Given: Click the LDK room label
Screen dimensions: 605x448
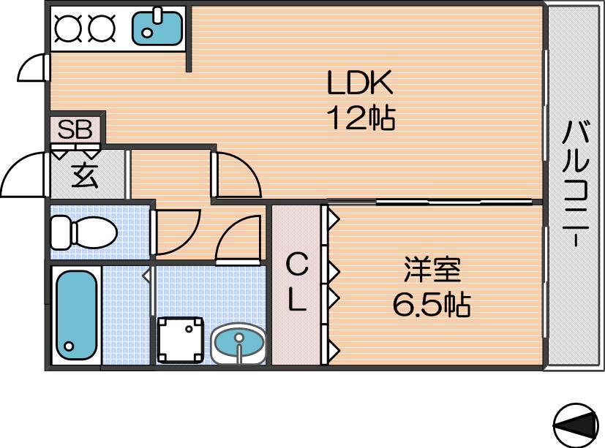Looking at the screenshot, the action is (x=360, y=82).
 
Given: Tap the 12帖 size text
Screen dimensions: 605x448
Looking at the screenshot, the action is (x=361, y=118).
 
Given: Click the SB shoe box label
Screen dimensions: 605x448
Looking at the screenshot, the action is (x=75, y=129).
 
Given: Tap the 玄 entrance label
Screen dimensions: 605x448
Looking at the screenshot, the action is (x=85, y=175).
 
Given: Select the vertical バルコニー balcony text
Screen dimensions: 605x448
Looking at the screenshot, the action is (x=575, y=183).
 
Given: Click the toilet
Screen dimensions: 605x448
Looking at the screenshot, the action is (x=84, y=232).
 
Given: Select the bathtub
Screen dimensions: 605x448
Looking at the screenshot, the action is (x=76, y=316).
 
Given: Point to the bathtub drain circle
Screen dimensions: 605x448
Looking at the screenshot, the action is (x=69, y=346).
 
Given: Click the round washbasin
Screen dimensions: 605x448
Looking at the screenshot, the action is (x=238, y=343).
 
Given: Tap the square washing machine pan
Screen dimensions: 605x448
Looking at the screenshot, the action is (x=180, y=340).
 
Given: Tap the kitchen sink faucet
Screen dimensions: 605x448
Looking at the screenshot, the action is (x=158, y=15).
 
